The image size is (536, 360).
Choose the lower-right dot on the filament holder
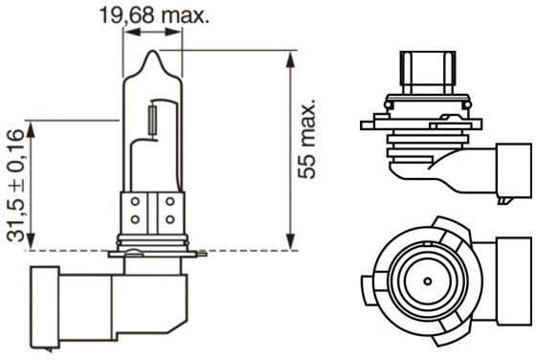click(x=170, y=219)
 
